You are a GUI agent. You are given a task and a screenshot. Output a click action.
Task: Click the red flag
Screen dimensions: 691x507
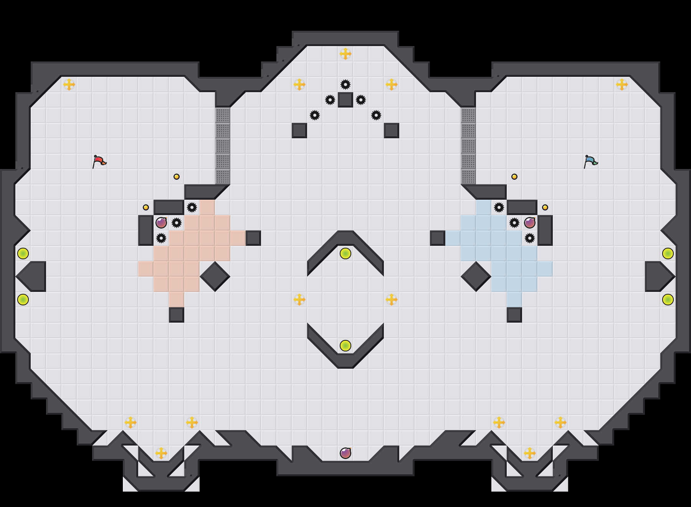pyautogui.click(x=99, y=161)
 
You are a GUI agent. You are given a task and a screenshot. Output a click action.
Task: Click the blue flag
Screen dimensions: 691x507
pyautogui.click(x=590, y=161)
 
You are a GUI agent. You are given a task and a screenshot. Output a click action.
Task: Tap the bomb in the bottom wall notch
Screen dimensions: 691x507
pyautogui.click(x=345, y=453)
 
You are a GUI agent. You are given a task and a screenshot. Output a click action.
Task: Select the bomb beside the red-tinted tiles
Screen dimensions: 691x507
pyautogui.click(x=161, y=223)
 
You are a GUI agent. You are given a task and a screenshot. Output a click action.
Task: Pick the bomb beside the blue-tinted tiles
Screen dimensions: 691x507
pyautogui.click(x=530, y=223)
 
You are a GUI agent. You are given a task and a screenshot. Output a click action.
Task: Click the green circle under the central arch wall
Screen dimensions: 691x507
pyautogui.click(x=345, y=253)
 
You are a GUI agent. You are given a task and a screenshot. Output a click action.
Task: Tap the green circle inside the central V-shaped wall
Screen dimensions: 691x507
pyautogui.click(x=345, y=346)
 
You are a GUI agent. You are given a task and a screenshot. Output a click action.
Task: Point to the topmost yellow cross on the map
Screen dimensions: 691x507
pyautogui.click(x=345, y=54)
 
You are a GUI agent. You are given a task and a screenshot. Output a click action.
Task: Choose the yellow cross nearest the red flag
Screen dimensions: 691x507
pyautogui.click(x=69, y=84)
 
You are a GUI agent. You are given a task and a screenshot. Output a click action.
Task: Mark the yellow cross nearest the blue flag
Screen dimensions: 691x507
pyautogui.click(x=622, y=84)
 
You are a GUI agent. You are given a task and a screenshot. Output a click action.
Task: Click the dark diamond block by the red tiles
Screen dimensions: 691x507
pyautogui.click(x=215, y=277)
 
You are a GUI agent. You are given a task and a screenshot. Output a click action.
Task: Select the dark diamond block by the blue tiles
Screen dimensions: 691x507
pyautogui.click(x=476, y=277)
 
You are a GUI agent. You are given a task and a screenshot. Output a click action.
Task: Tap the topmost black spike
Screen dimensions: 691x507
pyautogui.click(x=345, y=84)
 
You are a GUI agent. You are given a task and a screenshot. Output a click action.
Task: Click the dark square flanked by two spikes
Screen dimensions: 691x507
pyautogui.click(x=345, y=100)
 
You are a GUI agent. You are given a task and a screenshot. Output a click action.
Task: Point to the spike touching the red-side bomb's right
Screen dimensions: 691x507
pyautogui.click(x=177, y=223)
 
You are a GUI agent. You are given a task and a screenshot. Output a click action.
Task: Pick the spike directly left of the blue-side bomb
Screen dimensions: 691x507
pyautogui.click(x=514, y=223)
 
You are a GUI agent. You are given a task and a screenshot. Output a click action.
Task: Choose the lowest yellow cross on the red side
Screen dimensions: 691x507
pyautogui.click(x=161, y=453)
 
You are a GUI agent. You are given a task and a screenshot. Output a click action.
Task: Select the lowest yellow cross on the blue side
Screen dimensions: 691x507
pyautogui.click(x=530, y=453)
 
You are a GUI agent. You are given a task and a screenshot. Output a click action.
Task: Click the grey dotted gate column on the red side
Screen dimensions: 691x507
pyautogui.click(x=223, y=146)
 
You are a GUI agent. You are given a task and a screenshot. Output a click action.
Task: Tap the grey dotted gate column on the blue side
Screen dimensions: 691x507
pyautogui.click(x=468, y=146)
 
